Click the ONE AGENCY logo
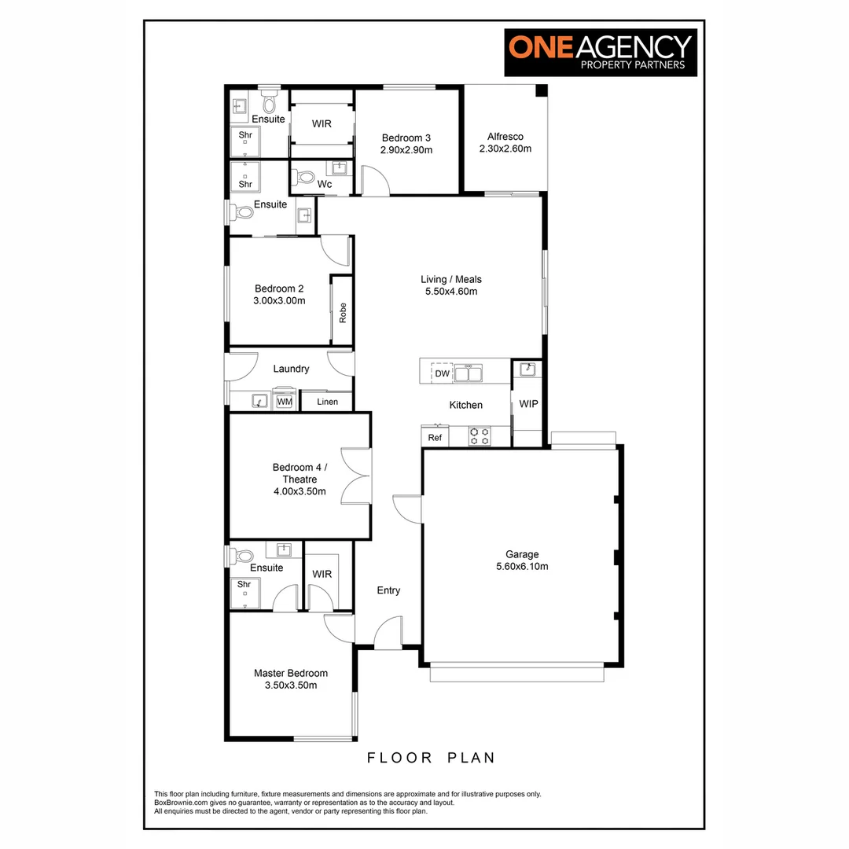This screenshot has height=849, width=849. pyautogui.click(x=601, y=53)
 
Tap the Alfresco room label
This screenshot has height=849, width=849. pyautogui.click(x=505, y=137)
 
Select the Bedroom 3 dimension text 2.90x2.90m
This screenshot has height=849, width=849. pyautogui.click(x=407, y=149)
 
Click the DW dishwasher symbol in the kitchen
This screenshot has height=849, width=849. pyautogui.click(x=443, y=373)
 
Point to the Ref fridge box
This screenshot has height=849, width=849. pyautogui.click(x=435, y=438)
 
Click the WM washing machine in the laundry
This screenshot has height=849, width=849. pyautogui.click(x=284, y=402)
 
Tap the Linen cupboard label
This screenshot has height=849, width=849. pyautogui.click(x=328, y=402)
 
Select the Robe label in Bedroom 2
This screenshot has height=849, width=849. pyautogui.click(x=342, y=313)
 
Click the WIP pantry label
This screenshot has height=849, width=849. pyautogui.click(x=527, y=404)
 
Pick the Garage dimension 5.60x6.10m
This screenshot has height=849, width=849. pyautogui.click(x=522, y=566)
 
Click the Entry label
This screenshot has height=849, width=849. pyautogui.click(x=388, y=590)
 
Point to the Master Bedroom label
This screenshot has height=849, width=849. pyautogui.click(x=290, y=673)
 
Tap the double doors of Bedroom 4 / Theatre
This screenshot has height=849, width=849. pyautogui.click(x=356, y=475)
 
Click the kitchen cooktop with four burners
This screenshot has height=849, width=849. pyautogui.click(x=479, y=436)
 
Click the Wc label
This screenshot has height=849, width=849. pyautogui.click(x=324, y=185)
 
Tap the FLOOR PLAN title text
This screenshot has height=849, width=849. pyautogui.click(x=432, y=758)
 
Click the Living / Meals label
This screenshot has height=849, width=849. pyautogui.click(x=450, y=279)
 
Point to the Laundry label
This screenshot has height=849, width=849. pyautogui.click(x=291, y=369)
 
